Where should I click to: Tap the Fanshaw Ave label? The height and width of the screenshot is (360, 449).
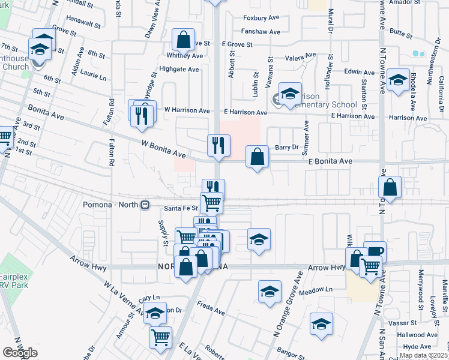click(x=261, y=32)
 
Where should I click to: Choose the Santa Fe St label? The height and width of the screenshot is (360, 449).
click(x=181, y=208)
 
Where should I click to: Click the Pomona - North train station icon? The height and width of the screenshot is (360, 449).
click(x=145, y=205)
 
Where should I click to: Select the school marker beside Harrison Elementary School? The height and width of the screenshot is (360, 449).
click(x=290, y=93)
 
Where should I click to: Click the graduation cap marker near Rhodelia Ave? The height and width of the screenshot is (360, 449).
click(x=398, y=80)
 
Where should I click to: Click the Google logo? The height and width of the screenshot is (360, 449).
click(x=20, y=352)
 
